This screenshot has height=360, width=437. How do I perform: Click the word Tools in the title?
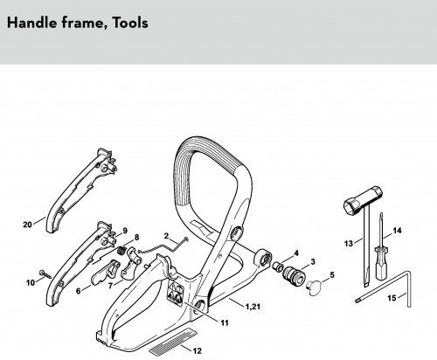(130, 23)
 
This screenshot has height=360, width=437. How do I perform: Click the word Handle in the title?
(32, 23)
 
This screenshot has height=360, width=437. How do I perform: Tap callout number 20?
(27, 225)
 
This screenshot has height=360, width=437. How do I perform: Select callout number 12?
(198, 350)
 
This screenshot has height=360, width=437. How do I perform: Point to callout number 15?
(392, 298)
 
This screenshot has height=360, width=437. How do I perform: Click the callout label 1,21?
(253, 307)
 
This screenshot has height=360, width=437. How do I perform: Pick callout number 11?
(225, 322)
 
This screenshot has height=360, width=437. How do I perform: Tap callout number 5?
(332, 274)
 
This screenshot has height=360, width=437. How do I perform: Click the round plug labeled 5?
(314, 288)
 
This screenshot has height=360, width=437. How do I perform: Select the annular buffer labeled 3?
(294, 275)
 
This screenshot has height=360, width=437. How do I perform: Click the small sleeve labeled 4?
(277, 267)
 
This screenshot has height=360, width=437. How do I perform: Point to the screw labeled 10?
(45, 274)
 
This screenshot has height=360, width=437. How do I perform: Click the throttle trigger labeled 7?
(129, 264)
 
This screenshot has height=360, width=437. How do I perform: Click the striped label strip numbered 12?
(173, 342)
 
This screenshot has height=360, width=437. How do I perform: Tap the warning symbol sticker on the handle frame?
(176, 293)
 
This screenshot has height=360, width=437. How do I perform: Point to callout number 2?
(166, 236)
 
